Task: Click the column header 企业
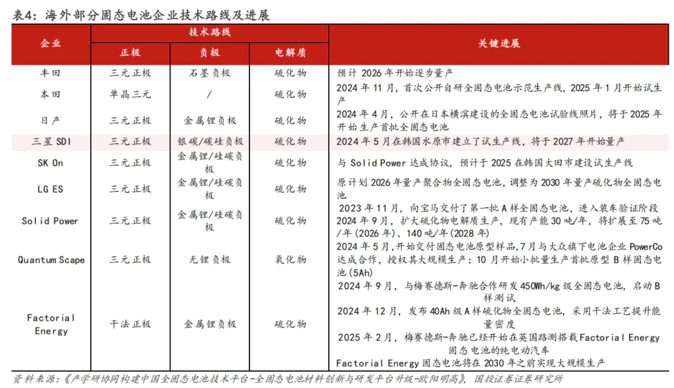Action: point(51,43)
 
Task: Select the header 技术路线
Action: point(210,32)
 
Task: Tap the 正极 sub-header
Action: point(130,53)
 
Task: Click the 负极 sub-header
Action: point(210,53)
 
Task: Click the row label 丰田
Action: point(51,72)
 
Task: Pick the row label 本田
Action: point(51,94)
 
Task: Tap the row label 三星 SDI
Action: point(51,142)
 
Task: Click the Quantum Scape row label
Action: point(51,260)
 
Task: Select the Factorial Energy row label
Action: point(51,324)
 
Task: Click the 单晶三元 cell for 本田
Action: point(130,94)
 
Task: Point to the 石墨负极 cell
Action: point(210,72)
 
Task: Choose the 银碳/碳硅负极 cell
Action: point(210,142)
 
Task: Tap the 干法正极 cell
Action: point(130,324)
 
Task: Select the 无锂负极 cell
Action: point(210,260)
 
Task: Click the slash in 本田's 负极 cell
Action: point(210,94)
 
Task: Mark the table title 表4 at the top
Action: point(24,15)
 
